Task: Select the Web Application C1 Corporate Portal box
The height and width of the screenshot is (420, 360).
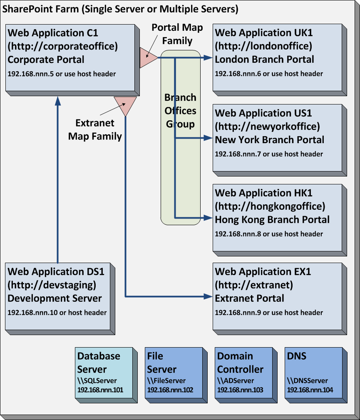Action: click(71, 58)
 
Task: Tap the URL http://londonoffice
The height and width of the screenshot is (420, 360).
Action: click(263, 46)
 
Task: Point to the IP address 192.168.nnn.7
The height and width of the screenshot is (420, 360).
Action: click(269, 154)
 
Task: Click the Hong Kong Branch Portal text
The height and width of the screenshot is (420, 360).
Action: click(272, 219)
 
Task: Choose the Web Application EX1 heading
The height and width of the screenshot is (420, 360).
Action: click(263, 272)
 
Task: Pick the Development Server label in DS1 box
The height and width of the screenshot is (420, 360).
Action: click(55, 298)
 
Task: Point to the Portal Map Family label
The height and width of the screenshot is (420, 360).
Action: click(177, 34)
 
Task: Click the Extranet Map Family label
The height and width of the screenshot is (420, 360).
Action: click(95, 129)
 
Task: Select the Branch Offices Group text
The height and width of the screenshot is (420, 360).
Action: click(180, 111)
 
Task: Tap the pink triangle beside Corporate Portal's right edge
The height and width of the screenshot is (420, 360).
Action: click(146, 58)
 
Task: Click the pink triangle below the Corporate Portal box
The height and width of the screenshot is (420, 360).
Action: click(125, 105)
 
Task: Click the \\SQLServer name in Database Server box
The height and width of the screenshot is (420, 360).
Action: click(97, 380)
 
